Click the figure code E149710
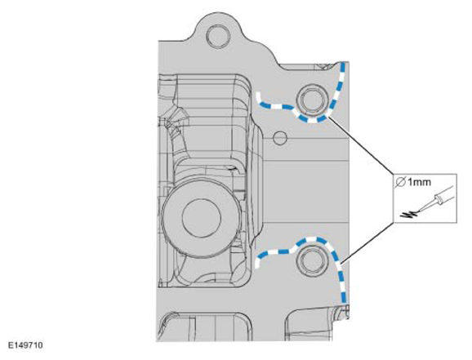(25, 345)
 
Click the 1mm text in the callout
(419, 182)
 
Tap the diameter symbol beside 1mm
(401, 182)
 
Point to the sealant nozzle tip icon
(434, 202)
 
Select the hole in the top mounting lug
(218, 36)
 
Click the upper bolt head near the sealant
(312, 99)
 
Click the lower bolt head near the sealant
(312, 260)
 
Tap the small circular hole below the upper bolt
(280, 138)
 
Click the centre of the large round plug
(202, 218)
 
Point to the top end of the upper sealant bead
(343, 63)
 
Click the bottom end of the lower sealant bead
(344, 301)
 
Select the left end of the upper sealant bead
(258, 94)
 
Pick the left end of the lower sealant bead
(257, 266)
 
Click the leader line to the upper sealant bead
(360, 145)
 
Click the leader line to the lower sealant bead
(367, 242)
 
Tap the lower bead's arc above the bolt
(313, 240)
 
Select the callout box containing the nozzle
(425, 198)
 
